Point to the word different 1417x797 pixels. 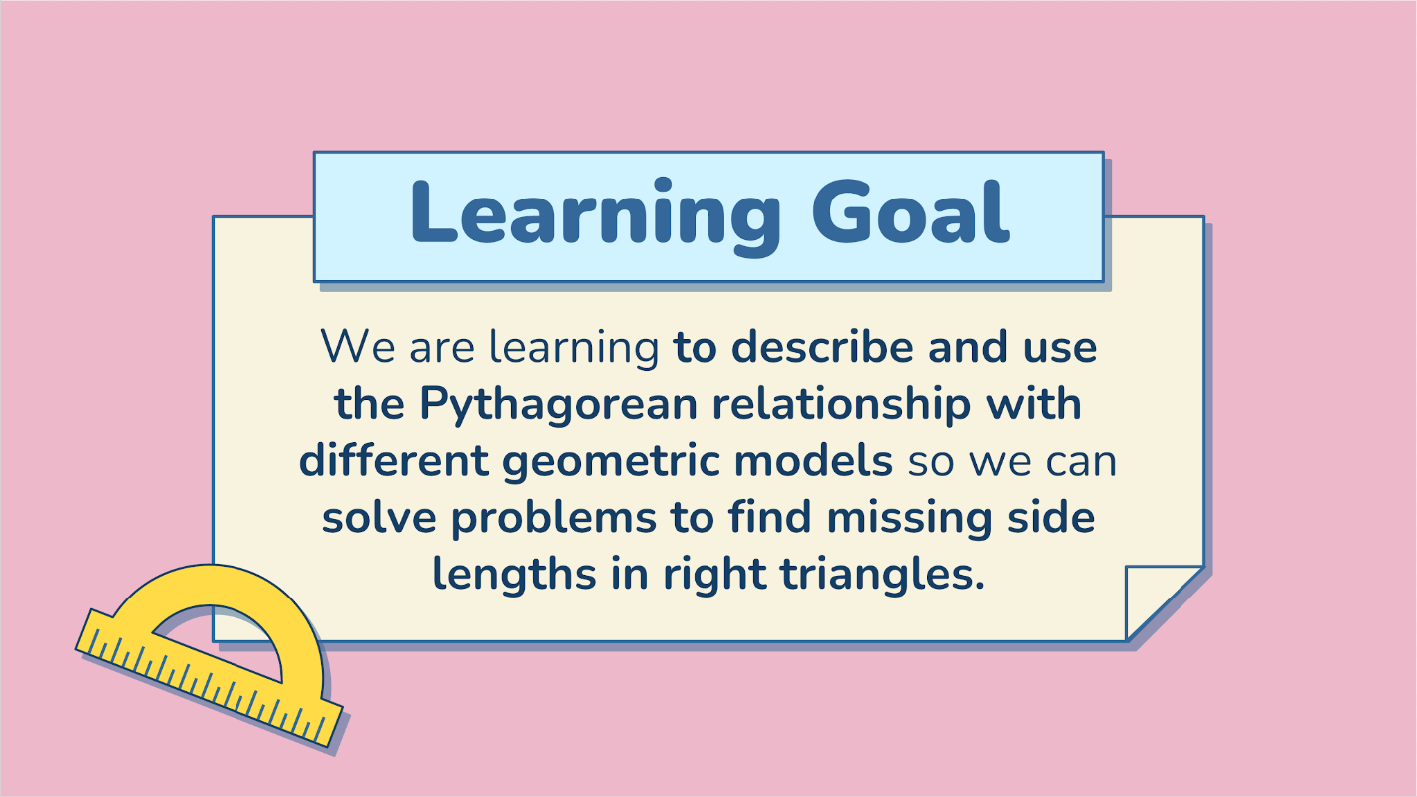(392, 462)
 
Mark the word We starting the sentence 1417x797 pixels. (353, 348)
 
